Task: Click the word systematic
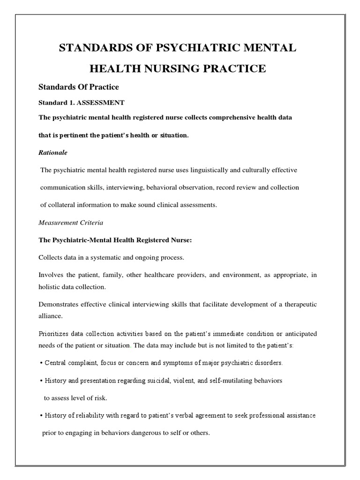click(104, 257)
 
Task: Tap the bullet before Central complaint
click(41, 363)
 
